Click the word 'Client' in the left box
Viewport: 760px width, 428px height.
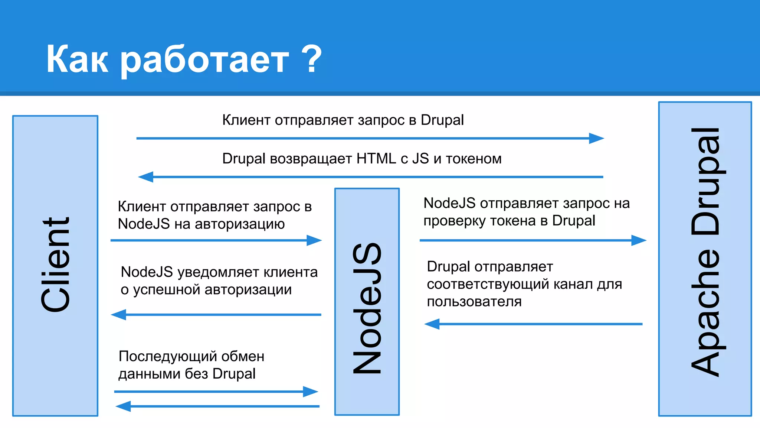click(x=56, y=265)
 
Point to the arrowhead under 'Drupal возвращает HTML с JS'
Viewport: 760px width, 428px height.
click(x=146, y=177)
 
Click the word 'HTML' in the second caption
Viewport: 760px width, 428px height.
click(x=376, y=159)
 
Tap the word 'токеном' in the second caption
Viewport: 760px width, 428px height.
click(x=474, y=159)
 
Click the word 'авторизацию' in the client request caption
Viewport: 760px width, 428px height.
click(x=240, y=224)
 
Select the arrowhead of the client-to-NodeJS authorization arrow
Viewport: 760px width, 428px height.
click(x=314, y=240)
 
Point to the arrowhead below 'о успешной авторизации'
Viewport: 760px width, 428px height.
click(x=119, y=315)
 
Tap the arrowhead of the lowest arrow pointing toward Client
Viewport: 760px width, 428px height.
click(x=123, y=406)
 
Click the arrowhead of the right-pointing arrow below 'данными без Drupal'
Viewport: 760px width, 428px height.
click(x=310, y=392)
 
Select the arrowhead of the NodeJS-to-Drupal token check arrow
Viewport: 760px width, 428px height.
click(x=639, y=240)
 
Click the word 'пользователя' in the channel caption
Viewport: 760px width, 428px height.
click(x=474, y=301)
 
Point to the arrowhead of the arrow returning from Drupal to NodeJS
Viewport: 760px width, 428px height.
click(x=432, y=324)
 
